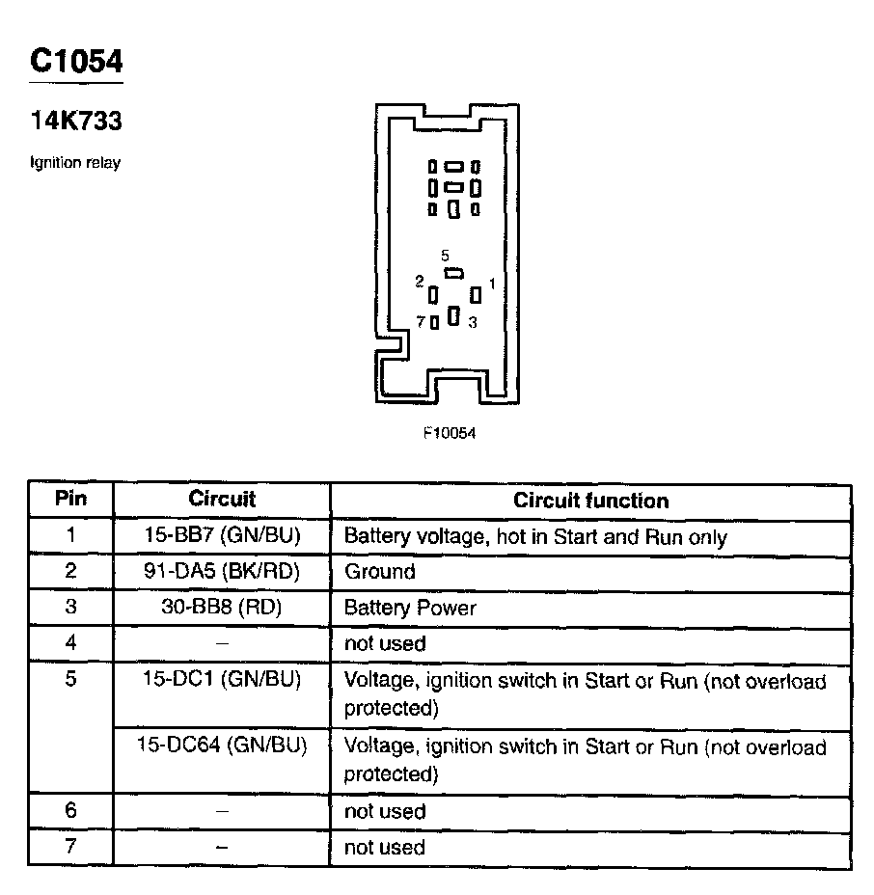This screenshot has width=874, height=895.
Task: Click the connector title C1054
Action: (77, 61)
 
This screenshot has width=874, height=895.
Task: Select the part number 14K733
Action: (76, 122)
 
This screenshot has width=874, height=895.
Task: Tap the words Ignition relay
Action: (75, 163)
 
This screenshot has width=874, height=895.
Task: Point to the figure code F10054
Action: (450, 433)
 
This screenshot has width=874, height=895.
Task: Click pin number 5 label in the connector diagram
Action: (445, 256)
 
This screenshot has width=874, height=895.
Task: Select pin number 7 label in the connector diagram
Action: (421, 322)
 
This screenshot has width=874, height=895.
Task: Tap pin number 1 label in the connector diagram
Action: (492, 284)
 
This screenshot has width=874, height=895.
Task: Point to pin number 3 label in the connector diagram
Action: (472, 323)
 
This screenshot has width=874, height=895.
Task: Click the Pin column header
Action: (70, 500)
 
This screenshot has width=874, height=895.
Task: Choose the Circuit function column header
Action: (590, 501)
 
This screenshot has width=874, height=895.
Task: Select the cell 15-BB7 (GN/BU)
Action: (222, 536)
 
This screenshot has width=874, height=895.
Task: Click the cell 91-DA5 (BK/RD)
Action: (222, 571)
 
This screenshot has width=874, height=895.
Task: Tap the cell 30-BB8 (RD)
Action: (222, 608)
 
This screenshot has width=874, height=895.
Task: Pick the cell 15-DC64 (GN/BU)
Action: (222, 746)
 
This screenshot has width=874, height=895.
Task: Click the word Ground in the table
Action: (379, 571)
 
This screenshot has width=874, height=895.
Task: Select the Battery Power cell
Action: (410, 608)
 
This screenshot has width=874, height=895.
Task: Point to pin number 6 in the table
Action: (70, 811)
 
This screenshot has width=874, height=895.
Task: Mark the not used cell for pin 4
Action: (385, 643)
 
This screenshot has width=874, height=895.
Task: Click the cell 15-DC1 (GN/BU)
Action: (222, 680)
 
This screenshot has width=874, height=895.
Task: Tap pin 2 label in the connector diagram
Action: (420, 282)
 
